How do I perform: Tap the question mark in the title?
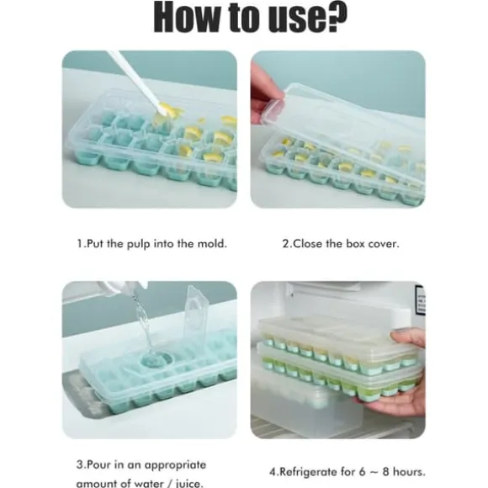[x=337, y=17]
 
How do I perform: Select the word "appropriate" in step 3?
[x=175, y=465]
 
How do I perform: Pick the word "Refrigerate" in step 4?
[x=308, y=472]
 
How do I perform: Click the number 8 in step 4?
[x=385, y=472]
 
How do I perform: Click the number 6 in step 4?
[x=362, y=472]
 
